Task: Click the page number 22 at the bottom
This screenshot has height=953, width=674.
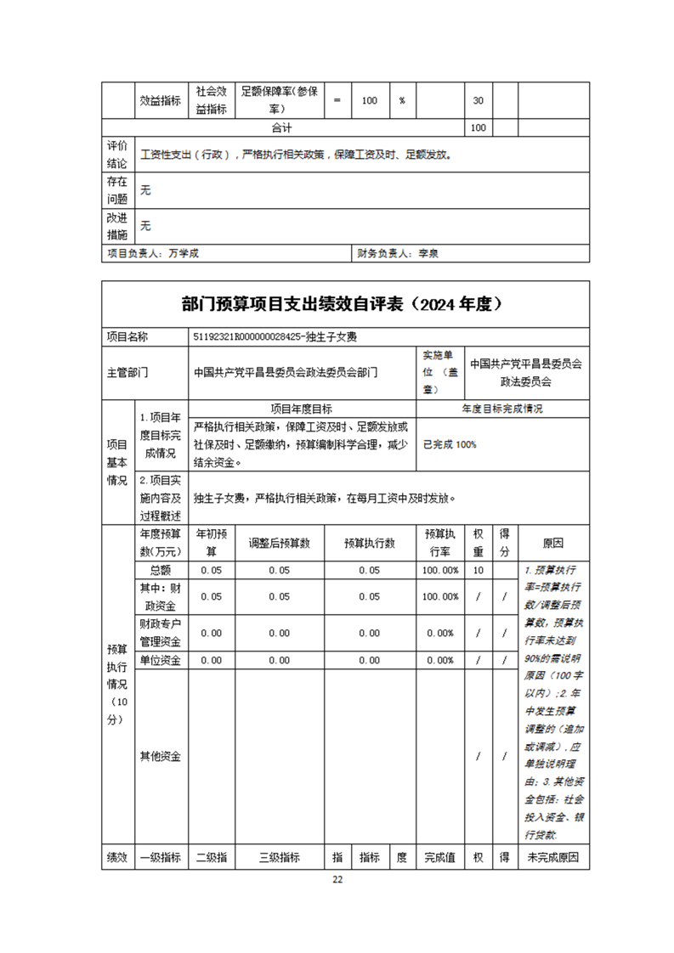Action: (x=337, y=879)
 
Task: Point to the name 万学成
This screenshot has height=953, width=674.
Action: (x=184, y=253)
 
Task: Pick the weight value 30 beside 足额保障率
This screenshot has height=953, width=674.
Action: (x=478, y=100)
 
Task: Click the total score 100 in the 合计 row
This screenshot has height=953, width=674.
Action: (x=478, y=127)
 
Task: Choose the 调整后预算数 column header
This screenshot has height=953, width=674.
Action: (x=279, y=544)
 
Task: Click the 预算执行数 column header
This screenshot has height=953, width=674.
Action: (x=369, y=544)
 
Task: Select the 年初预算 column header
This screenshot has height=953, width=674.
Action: (x=212, y=544)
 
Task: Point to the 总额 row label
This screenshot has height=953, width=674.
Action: (x=161, y=571)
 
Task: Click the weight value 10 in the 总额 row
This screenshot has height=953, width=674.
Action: (x=478, y=571)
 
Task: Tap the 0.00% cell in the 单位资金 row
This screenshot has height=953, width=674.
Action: (x=440, y=660)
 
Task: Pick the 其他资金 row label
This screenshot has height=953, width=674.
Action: (x=161, y=756)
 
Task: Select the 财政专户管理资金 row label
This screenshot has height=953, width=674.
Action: (x=161, y=633)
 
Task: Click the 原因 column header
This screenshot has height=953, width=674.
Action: (x=552, y=544)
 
